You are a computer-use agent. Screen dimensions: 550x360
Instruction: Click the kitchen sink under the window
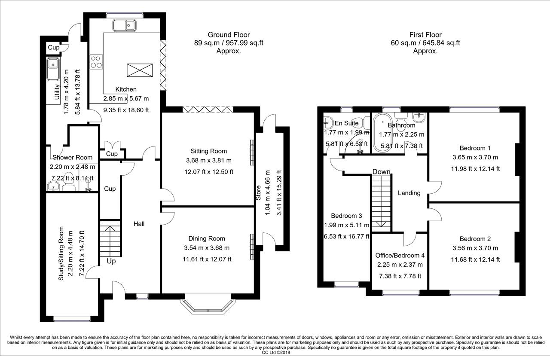tap(125, 25)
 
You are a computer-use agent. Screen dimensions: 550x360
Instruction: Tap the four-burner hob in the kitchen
tap(96, 61)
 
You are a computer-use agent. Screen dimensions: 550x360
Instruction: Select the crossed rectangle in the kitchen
tap(140, 70)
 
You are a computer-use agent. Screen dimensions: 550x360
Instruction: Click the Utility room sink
tap(53, 69)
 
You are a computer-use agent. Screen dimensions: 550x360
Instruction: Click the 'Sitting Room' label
tap(209, 151)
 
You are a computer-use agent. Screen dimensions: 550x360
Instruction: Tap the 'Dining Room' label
tap(207, 238)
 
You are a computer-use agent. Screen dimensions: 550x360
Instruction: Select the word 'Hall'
tap(139, 224)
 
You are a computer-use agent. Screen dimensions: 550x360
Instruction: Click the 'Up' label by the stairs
tap(111, 261)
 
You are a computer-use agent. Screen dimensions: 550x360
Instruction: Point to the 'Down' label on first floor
tap(381, 172)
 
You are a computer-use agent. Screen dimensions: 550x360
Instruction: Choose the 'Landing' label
tap(409, 193)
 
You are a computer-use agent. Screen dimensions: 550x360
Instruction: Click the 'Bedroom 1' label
tap(475, 148)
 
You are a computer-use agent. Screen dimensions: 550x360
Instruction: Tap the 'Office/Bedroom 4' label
tap(400, 255)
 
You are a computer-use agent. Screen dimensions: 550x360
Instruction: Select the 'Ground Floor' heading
tap(229, 35)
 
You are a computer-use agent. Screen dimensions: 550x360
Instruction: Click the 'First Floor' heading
tap(425, 35)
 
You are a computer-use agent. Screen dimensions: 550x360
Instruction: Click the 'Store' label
tap(258, 193)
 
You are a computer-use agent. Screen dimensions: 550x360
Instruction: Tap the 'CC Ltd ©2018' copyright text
tap(276, 353)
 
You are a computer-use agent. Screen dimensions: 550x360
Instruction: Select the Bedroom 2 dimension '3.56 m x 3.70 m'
tap(475, 248)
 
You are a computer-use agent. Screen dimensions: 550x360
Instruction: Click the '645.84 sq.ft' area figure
tap(441, 43)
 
